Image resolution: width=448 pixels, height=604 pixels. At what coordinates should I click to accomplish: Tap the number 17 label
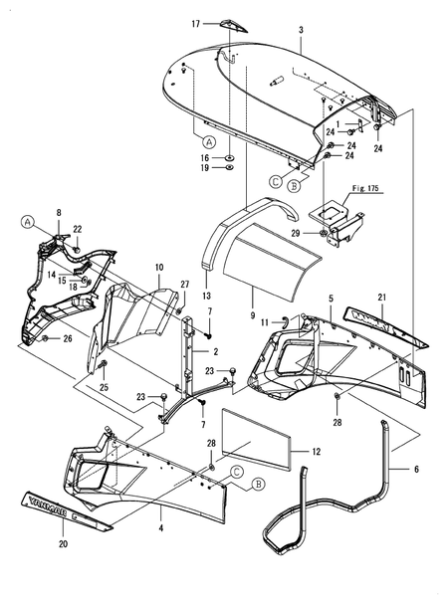point(196,23)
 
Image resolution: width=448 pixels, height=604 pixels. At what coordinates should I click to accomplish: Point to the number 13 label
point(207,296)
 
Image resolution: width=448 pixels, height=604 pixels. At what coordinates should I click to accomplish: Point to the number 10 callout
point(159,269)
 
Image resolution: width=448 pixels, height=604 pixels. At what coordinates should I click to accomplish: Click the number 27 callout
point(185,285)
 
